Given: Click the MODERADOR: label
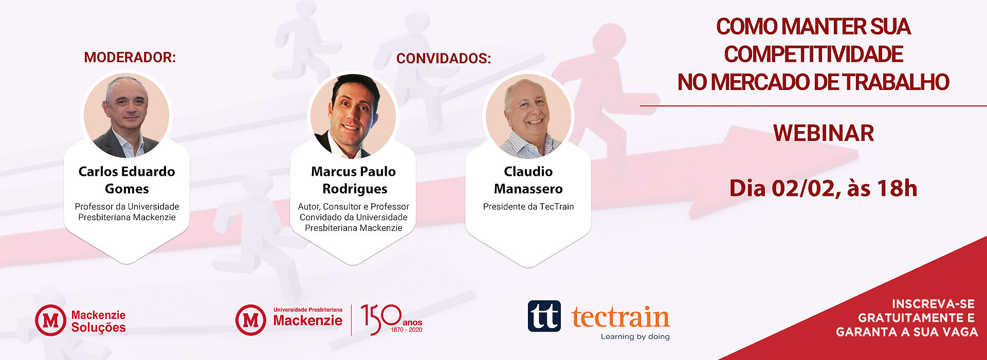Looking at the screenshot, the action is [130, 57].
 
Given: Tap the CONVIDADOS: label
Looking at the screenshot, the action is [444, 58].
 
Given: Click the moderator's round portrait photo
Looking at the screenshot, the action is [126, 115].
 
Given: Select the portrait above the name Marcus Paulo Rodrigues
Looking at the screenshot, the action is [353, 116].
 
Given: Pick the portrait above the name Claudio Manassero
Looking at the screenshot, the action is [528, 116].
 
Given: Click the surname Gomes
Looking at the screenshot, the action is [127, 189].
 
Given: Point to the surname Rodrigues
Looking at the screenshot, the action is [355, 189].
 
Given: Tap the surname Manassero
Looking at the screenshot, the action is [528, 189].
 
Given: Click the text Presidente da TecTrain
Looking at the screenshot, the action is [528, 206].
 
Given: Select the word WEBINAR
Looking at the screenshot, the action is [824, 133].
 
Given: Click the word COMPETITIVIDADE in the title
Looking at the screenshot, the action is [813, 54].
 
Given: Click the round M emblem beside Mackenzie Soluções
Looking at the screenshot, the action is [50, 320].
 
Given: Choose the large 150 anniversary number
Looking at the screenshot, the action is [381, 319].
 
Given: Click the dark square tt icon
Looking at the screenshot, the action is [544, 316].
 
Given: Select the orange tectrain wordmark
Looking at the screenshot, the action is [620, 317].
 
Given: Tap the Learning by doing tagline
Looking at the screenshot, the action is [635, 336].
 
